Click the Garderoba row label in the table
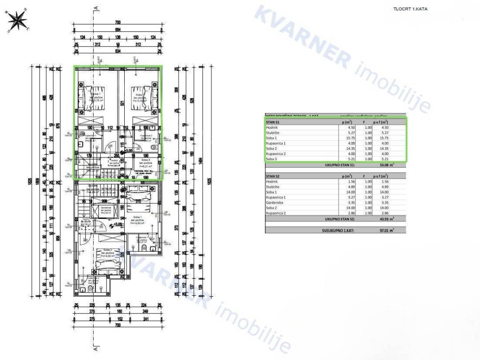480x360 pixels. (x=276, y=202)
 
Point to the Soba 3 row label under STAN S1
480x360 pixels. (x=272, y=159)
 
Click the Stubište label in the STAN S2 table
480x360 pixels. (x=274, y=186)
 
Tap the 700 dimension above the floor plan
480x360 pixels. (x=118, y=22)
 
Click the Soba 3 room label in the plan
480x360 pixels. (x=142, y=159)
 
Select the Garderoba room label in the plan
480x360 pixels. (x=106, y=207)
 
